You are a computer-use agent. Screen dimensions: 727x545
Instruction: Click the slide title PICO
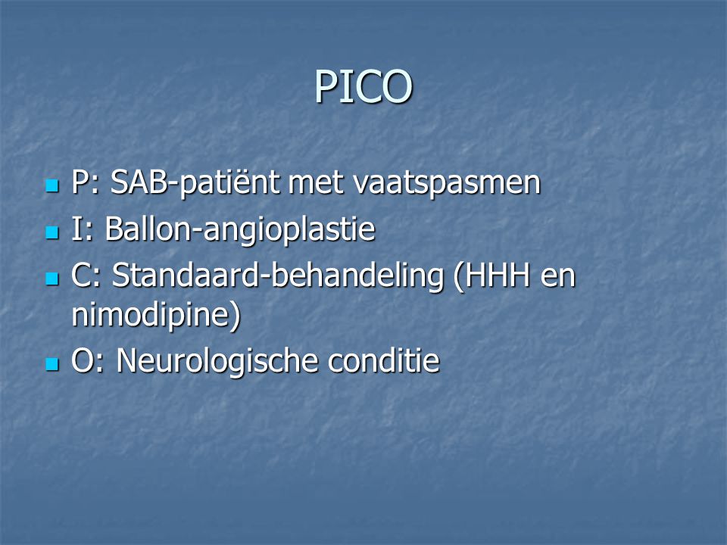[363, 86]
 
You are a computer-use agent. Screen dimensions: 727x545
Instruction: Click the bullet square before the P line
[52, 186]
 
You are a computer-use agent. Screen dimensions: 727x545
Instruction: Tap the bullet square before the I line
[52, 232]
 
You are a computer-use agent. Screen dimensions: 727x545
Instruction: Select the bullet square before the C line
[52, 279]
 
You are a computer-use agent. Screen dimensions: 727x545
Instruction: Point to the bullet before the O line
[52, 364]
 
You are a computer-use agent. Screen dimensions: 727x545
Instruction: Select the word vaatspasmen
[447, 183]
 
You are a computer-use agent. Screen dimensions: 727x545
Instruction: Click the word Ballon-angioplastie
[240, 230]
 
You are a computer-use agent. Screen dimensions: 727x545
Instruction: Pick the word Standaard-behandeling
[278, 276]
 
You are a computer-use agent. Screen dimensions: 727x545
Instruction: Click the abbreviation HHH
[492, 276]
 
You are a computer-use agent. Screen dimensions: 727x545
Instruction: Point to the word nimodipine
[151, 315]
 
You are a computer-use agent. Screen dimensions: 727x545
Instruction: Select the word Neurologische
[217, 361]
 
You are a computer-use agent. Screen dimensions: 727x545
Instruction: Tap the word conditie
[383, 361]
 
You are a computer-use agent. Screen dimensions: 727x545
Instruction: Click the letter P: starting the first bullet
[86, 182]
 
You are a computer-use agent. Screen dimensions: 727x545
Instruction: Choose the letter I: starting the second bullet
[83, 229]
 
